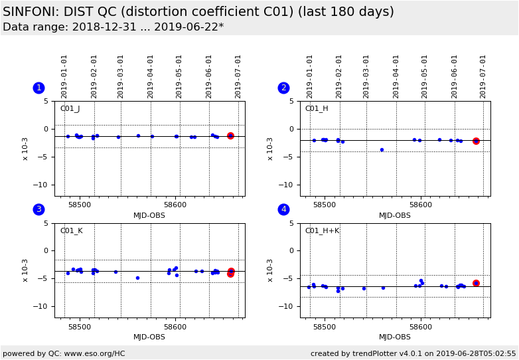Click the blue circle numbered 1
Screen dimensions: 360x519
point(38,88)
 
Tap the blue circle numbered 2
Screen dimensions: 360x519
point(283,88)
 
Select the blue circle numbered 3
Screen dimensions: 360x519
point(38,209)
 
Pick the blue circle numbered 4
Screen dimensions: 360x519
point(283,209)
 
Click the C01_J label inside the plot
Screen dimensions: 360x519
point(70,109)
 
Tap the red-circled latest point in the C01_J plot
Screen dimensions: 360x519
point(230,135)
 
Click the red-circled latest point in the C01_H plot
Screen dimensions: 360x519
point(476,141)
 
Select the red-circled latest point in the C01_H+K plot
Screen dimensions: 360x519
point(476,283)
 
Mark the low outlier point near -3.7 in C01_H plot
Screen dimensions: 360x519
point(382,149)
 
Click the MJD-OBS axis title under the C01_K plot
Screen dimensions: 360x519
point(149,337)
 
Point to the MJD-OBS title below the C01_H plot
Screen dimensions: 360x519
point(395,215)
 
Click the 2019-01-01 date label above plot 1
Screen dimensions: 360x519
point(65,76)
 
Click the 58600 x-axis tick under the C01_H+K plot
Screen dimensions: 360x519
point(421,327)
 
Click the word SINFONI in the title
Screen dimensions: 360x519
point(31,12)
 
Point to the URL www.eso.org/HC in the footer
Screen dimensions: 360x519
point(96,353)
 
